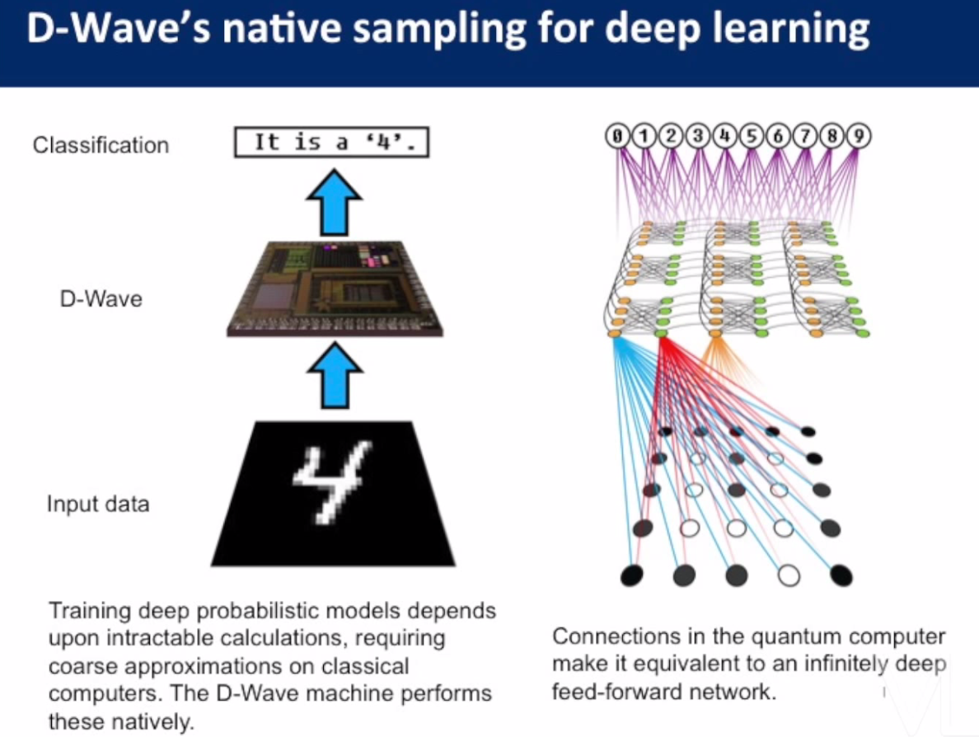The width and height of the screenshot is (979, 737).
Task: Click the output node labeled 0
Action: [x=616, y=136]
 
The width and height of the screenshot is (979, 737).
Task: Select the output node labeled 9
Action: [x=860, y=136]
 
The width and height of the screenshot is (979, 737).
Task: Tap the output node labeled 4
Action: [x=724, y=136]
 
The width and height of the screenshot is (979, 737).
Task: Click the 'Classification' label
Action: [x=101, y=145]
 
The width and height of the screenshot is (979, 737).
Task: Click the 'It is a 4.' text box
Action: [x=332, y=143]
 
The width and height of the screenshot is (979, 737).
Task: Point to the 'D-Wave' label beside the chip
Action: [x=101, y=298]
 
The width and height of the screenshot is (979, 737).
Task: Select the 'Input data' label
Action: [x=98, y=504]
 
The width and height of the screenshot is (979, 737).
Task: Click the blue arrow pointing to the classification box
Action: [x=335, y=202]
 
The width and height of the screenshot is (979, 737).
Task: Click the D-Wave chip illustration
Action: [x=335, y=289]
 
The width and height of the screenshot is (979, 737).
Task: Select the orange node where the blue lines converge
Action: [x=614, y=333]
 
